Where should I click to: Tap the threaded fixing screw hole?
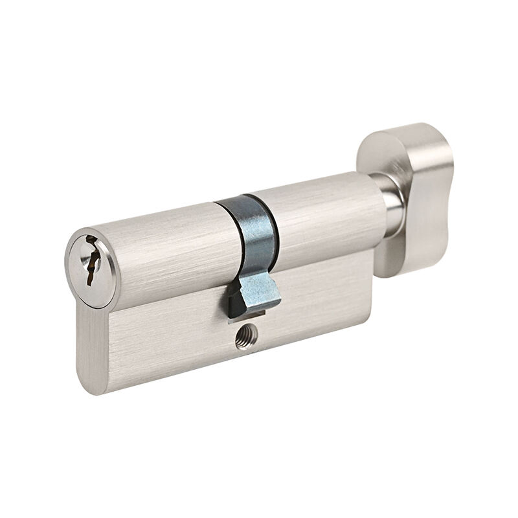(247, 336)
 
